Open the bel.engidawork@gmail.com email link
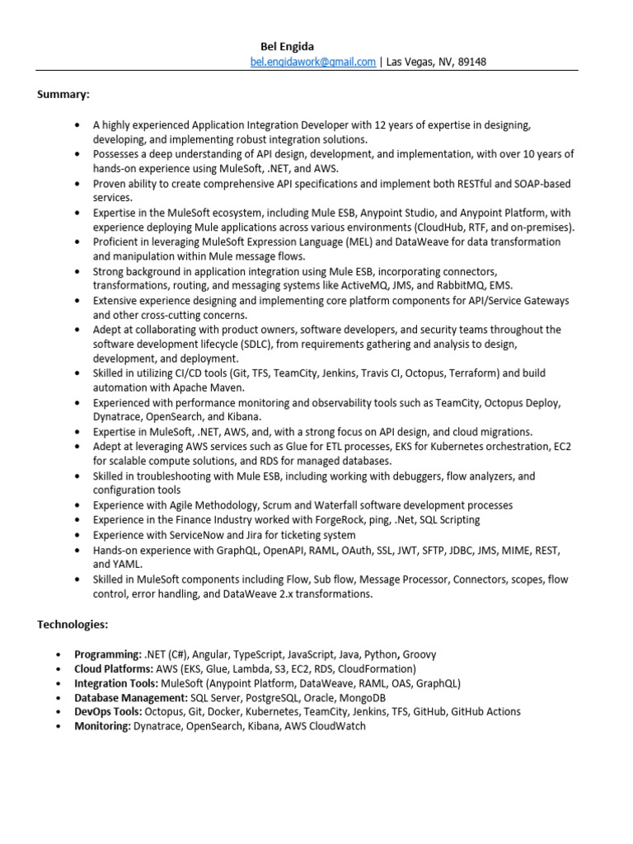click(x=312, y=62)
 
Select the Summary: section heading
click(x=63, y=94)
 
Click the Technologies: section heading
click(x=73, y=625)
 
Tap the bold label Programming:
click(x=108, y=654)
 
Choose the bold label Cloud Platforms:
click(x=114, y=669)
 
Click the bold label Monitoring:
click(x=102, y=726)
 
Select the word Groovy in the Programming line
click(x=420, y=654)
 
